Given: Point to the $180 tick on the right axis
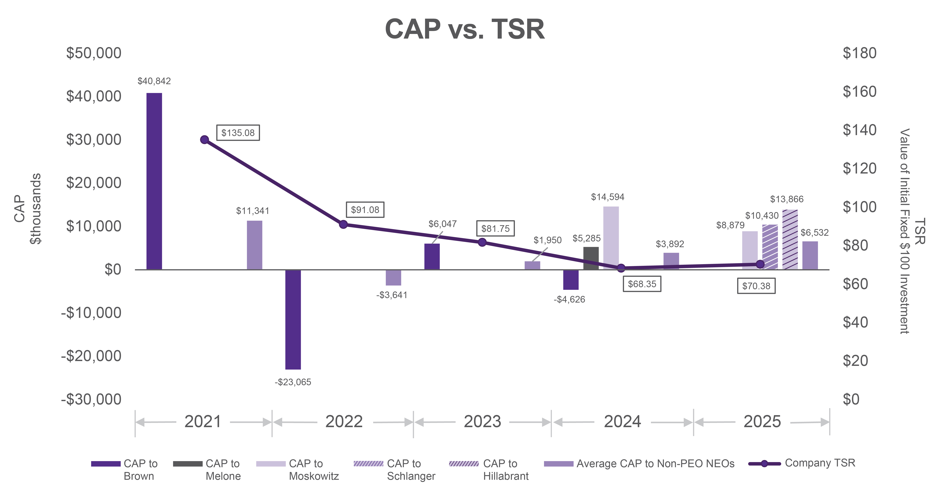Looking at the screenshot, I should (859, 53).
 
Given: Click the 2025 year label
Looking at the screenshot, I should (762, 421).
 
